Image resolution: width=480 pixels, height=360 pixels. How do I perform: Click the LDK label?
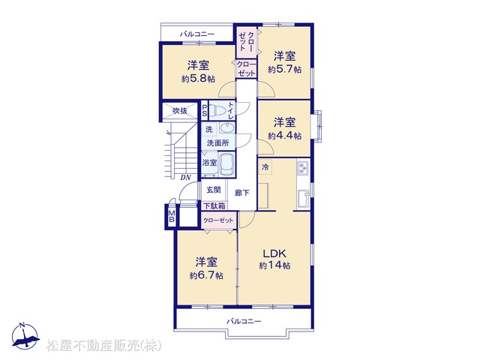275,253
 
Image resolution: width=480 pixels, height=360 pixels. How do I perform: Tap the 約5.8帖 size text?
198,79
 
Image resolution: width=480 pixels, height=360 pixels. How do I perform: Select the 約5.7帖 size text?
284,70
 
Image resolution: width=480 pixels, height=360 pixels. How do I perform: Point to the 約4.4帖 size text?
284,136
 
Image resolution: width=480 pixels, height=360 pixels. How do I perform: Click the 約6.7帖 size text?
206,275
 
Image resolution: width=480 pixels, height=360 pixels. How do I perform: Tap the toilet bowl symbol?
218,110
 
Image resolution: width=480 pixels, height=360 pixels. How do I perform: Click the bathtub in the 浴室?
226,164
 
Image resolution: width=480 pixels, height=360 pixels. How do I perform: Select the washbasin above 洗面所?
226,127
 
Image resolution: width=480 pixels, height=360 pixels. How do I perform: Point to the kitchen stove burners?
302,168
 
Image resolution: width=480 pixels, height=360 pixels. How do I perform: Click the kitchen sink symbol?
303,199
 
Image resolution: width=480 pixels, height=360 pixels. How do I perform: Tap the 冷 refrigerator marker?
265,166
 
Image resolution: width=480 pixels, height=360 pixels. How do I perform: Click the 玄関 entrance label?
213,190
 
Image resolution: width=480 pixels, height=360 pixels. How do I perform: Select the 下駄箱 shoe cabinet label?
214,206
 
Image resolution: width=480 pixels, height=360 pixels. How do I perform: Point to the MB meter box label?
172,216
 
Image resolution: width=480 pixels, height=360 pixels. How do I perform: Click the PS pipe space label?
205,110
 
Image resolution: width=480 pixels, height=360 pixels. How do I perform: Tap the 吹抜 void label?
180,110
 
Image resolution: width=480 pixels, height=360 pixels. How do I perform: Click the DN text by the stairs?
185,177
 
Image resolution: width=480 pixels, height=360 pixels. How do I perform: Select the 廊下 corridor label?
241,193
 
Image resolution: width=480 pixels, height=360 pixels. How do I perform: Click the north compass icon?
25,335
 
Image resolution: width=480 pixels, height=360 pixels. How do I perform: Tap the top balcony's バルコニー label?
197,34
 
